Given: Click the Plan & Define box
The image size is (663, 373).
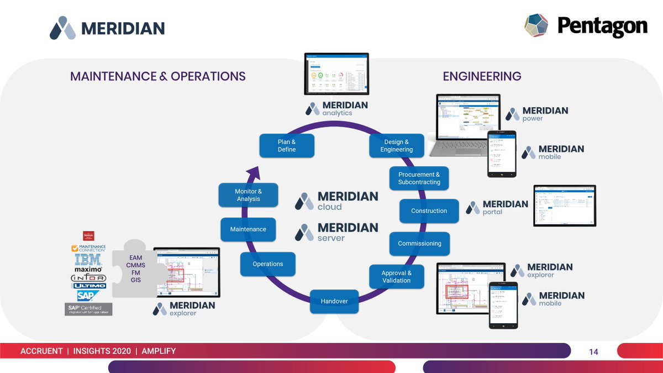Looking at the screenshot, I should tap(287, 146).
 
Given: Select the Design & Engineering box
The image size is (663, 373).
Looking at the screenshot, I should tap(396, 146).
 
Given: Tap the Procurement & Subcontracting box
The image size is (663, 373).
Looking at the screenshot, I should tap(419, 178).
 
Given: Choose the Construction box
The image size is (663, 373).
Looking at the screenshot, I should tap(429, 211).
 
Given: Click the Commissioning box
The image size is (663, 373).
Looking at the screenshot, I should tap(419, 244).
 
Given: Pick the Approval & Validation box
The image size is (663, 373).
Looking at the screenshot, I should tap(396, 277).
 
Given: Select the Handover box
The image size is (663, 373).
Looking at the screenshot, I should tap(334, 301).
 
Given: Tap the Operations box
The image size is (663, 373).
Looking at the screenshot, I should tap(267, 264).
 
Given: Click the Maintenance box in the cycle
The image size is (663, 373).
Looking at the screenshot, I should tap(248, 229).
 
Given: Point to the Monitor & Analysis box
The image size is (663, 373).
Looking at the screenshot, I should tap(248, 196).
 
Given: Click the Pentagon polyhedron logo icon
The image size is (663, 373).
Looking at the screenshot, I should tap(536, 26).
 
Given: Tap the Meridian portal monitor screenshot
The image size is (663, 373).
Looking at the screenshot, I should tap(564, 205).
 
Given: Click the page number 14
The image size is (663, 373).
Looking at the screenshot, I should tap(593, 352).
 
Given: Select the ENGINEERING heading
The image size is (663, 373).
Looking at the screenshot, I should tap(482, 76).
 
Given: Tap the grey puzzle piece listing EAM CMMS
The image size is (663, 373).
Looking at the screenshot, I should tap(136, 269).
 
